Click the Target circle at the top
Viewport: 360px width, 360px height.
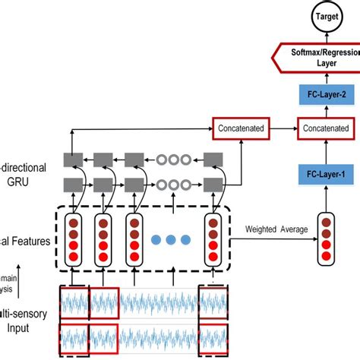tap(317, 14)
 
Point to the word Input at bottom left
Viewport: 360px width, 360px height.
tap(23, 328)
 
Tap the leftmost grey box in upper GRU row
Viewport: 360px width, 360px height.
tap(73, 159)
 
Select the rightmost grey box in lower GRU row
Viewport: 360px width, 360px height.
tap(212, 183)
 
